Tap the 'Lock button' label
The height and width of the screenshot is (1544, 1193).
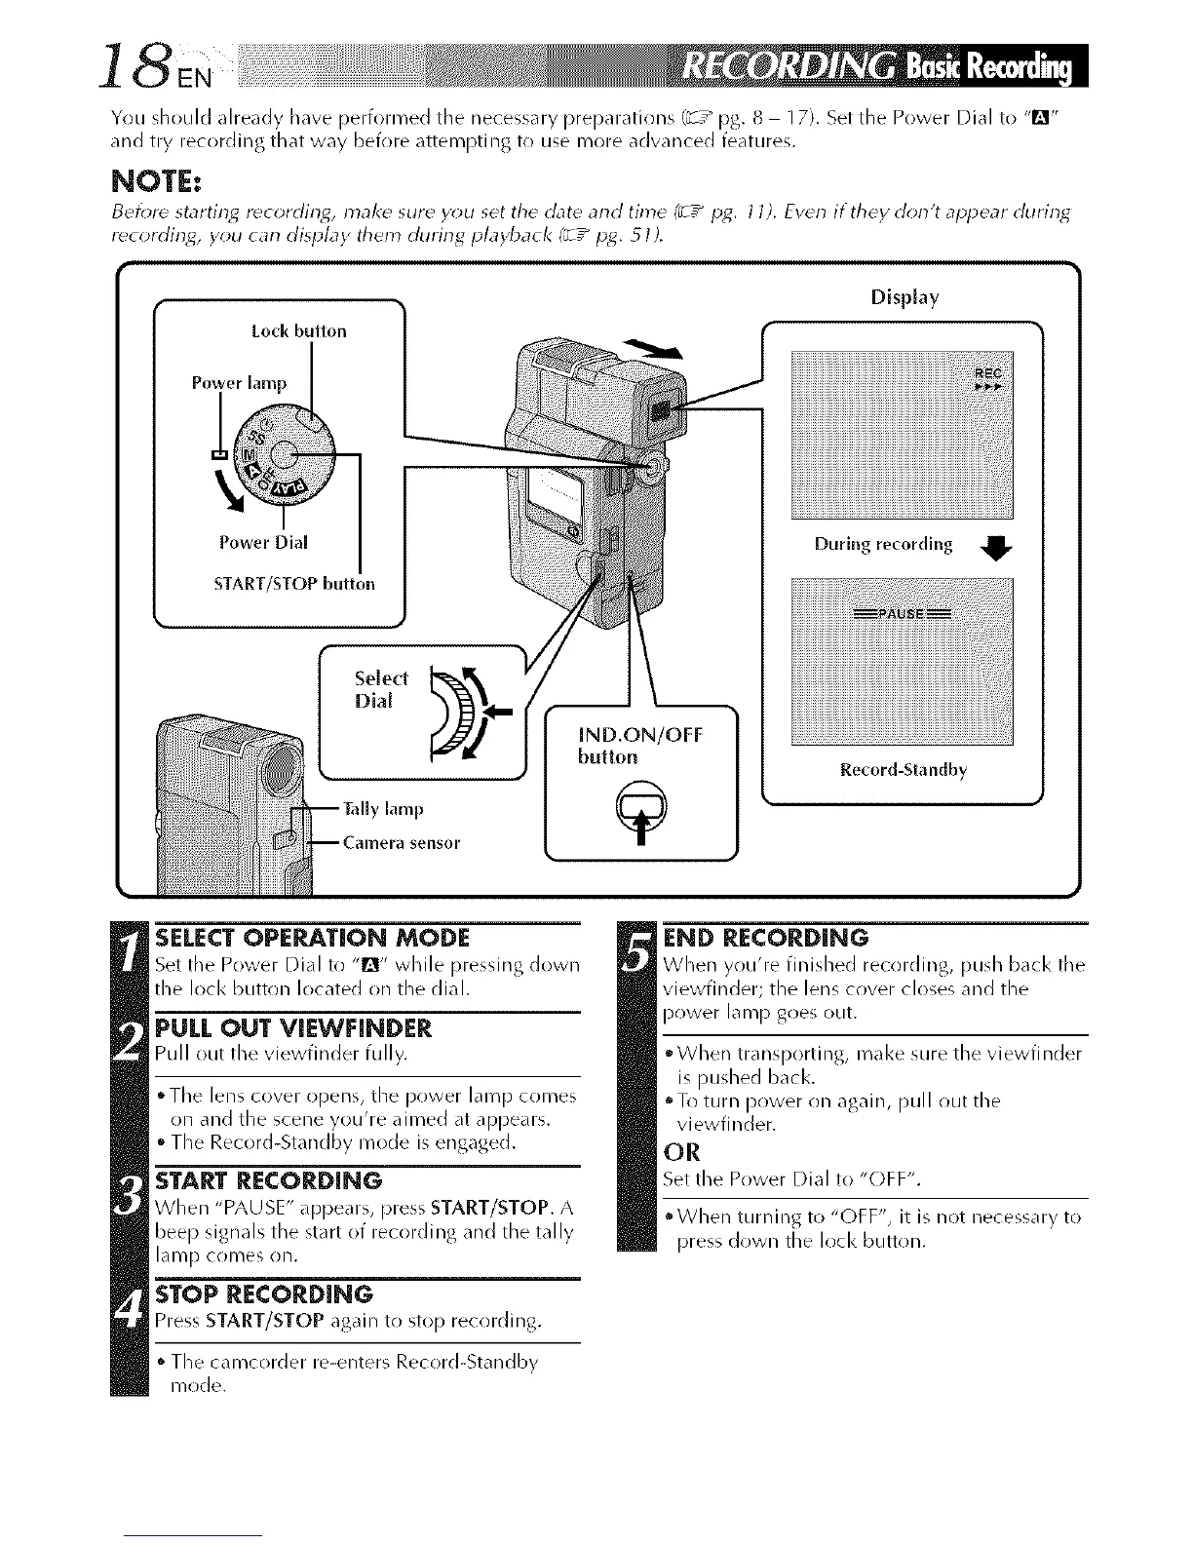pyautogui.click(x=298, y=331)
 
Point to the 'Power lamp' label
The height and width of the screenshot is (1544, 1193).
pyautogui.click(x=239, y=383)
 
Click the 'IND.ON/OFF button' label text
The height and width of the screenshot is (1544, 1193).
pyautogui.click(x=639, y=745)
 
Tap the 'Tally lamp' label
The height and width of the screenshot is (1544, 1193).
pyautogui.click(x=383, y=809)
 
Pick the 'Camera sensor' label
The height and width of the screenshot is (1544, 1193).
pyautogui.click(x=401, y=842)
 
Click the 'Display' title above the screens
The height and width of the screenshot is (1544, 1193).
pyautogui.click(x=904, y=296)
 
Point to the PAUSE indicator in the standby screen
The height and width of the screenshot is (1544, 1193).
pyautogui.click(x=903, y=613)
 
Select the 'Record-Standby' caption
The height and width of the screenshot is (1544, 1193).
pyautogui.click(x=904, y=770)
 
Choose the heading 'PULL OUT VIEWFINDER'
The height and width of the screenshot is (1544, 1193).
pyautogui.click(x=292, y=1029)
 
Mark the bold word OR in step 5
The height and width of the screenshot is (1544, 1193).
pyautogui.click(x=681, y=1152)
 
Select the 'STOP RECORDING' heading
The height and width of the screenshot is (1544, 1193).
pyautogui.click(x=264, y=1294)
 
